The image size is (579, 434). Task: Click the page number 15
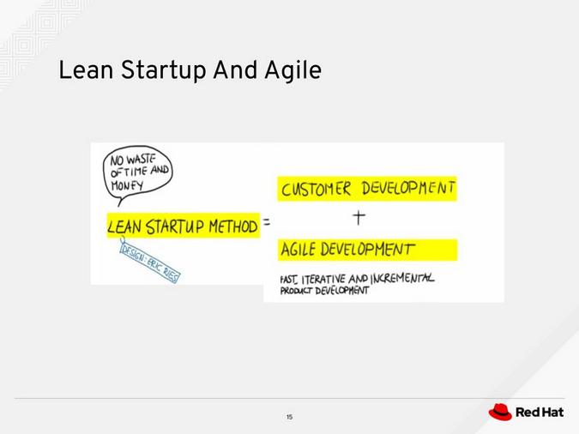tap(289, 417)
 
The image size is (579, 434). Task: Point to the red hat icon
tap(500, 413)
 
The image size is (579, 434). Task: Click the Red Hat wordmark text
tap(540, 413)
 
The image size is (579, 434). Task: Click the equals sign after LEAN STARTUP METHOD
tap(266, 223)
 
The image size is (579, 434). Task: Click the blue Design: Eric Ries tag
tap(151, 262)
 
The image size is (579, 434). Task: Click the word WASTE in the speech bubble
tap(145, 159)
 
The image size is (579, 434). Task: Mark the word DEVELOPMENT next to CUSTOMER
tap(407, 188)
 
